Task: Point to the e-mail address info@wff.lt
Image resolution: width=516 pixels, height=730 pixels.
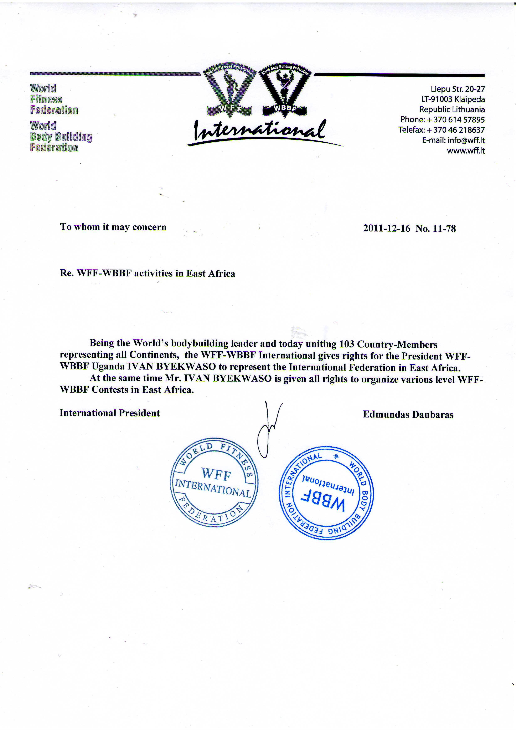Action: click(x=466, y=141)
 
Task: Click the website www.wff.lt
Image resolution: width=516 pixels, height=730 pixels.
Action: click(x=466, y=151)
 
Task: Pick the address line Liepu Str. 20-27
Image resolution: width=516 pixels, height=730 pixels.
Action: click(x=458, y=89)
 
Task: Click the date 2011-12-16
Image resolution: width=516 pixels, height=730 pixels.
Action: click(x=386, y=229)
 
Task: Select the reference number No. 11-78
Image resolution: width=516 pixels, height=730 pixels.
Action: click(x=436, y=229)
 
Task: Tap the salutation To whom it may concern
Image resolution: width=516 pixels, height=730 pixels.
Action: click(x=113, y=227)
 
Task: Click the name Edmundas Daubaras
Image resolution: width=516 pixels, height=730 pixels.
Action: click(x=408, y=415)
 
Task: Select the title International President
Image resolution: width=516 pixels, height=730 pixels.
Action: click(x=110, y=413)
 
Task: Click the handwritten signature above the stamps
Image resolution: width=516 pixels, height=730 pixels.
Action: click(x=268, y=429)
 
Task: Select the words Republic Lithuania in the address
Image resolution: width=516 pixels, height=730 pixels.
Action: click(x=452, y=110)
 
